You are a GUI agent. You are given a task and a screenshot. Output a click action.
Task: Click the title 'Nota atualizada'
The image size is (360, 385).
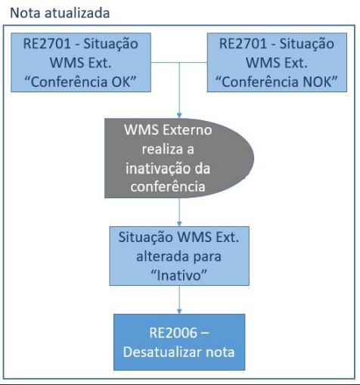click(60, 13)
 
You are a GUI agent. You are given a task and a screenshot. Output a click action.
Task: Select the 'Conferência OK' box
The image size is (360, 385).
click(81, 62)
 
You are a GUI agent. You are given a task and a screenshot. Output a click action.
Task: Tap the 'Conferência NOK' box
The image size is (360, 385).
click(277, 62)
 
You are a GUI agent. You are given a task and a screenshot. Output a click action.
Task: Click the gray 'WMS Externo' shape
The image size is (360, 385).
click(179, 158)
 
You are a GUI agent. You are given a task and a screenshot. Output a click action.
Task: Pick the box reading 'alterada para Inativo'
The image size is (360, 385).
click(179, 256)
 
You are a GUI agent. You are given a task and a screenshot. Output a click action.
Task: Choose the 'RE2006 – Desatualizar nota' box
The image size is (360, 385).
click(179, 342)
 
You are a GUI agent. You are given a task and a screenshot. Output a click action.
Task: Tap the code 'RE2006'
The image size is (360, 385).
click(173, 333)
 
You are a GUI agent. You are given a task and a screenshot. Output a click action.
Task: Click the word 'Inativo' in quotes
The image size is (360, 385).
click(178, 275)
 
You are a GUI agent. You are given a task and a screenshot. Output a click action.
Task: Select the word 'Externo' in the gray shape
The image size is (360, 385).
click(188, 130)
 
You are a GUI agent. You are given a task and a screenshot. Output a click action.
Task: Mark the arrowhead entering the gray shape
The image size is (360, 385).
click(179, 116)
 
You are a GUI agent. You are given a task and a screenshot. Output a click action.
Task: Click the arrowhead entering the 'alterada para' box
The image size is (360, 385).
click(179, 224)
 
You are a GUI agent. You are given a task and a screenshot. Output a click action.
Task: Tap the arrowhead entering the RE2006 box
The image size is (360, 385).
click(179, 312)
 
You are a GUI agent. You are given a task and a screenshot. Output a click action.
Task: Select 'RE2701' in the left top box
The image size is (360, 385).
click(47, 43)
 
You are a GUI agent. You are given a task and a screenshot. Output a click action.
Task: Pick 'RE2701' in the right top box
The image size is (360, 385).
click(243, 43)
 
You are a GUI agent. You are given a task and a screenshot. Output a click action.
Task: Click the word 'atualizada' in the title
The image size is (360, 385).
click(77, 13)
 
